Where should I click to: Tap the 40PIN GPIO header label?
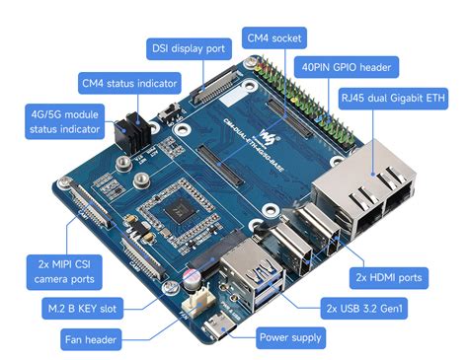coord(345,68)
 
